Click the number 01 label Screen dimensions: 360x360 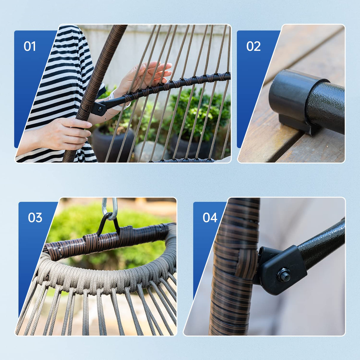(30, 47)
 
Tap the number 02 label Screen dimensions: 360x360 (253, 47)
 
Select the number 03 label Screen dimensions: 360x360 (35, 218)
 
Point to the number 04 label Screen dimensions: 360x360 (210, 218)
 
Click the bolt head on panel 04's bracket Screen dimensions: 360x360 (283, 274)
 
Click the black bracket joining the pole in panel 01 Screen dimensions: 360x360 (99, 108)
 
